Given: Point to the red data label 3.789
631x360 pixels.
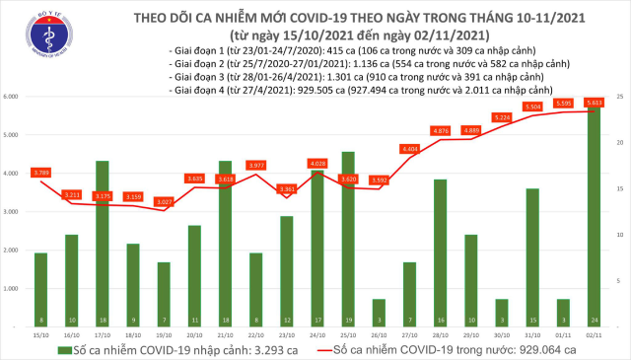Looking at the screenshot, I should [41, 173].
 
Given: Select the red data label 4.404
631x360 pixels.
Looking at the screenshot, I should [410, 149].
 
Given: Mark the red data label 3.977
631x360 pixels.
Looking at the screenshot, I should [255, 164].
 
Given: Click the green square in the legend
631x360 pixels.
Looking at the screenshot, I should [50, 349].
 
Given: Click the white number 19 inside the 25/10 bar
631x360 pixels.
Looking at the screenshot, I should [348, 321].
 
